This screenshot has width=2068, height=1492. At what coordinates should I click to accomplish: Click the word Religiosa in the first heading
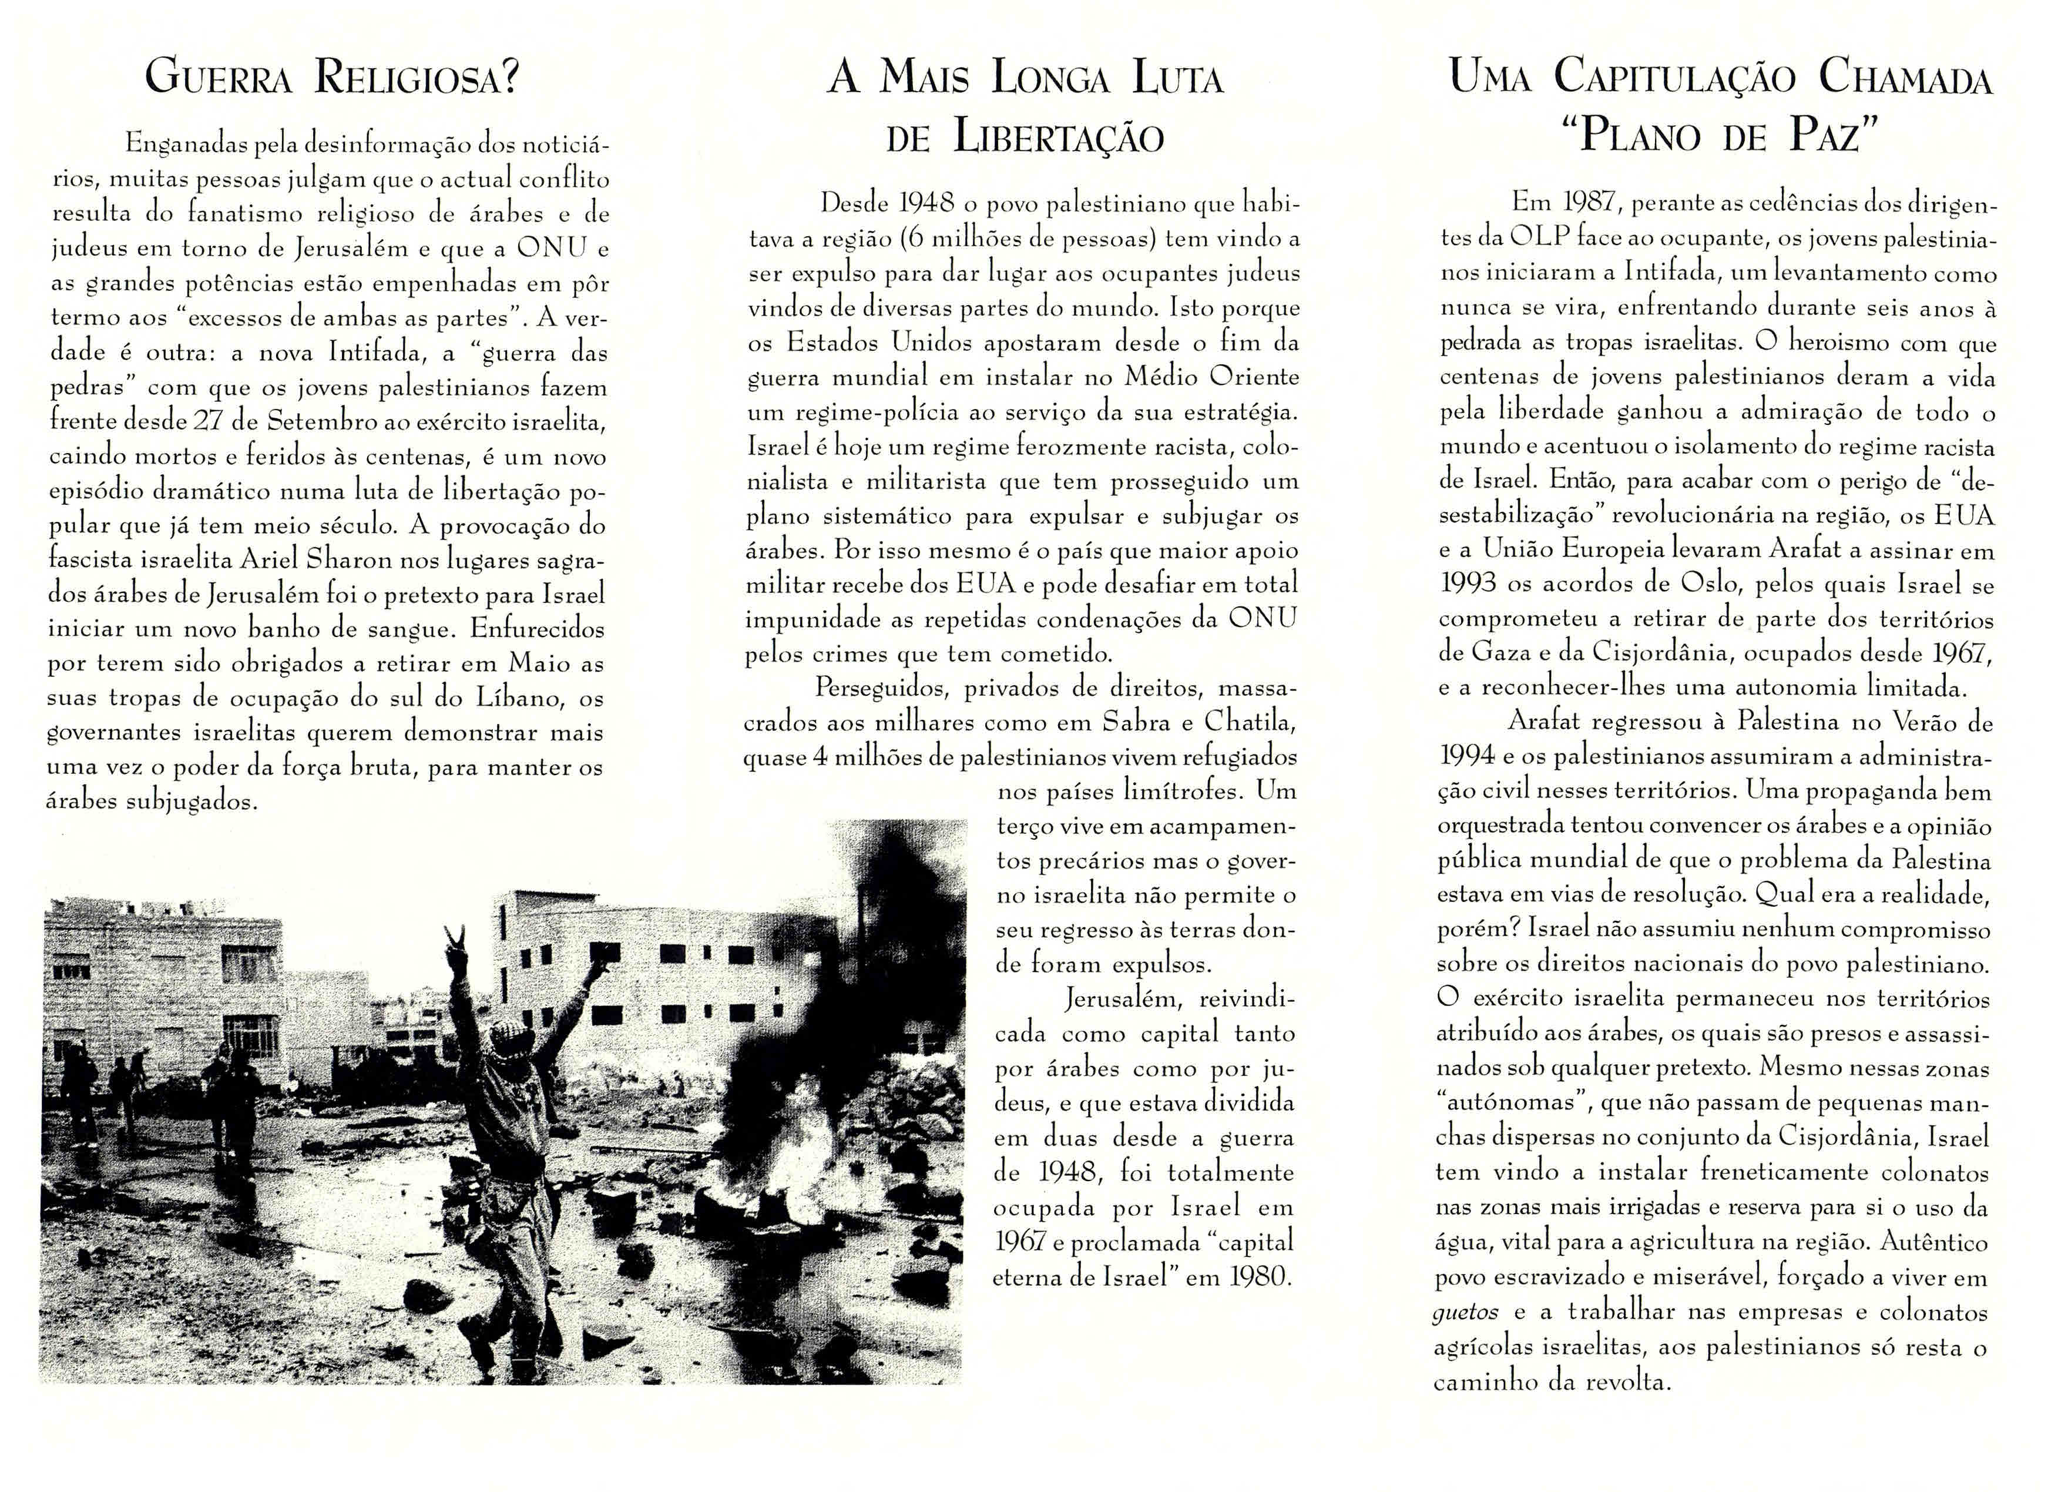click(418, 76)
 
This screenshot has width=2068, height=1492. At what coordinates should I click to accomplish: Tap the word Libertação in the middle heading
click(1059, 138)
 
